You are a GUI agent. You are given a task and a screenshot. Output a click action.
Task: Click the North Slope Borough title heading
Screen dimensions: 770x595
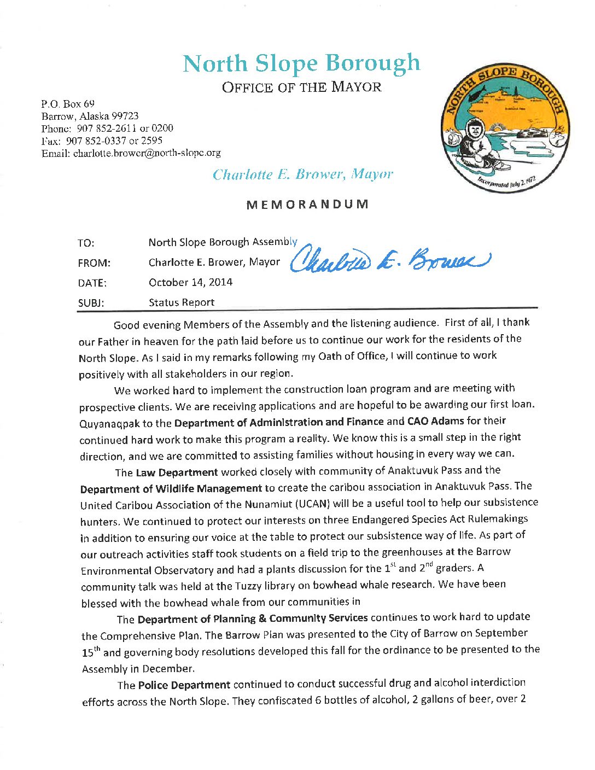point(301,64)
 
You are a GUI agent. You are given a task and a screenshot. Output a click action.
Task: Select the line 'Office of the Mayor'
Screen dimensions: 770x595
point(301,87)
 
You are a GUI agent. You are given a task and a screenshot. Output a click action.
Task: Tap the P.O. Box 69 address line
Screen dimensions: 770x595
point(68,103)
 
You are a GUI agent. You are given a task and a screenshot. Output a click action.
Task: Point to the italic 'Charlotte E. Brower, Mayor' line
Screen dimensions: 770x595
point(302,174)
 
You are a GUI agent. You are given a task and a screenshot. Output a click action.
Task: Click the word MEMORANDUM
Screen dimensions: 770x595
point(307,205)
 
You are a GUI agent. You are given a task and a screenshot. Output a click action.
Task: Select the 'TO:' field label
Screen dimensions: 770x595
point(86,243)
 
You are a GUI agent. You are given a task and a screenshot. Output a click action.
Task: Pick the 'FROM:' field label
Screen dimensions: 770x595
point(94,263)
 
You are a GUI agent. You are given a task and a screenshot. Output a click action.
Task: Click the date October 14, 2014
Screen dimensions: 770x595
point(190,282)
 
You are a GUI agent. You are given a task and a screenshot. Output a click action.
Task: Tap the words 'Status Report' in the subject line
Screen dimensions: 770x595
point(182,302)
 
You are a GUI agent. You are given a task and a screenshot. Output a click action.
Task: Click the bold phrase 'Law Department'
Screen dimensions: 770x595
point(177,472)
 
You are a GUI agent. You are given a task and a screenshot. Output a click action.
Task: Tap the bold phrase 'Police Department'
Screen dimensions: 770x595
point(184,685)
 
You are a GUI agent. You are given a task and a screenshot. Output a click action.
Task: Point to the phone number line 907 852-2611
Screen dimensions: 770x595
point(107,129)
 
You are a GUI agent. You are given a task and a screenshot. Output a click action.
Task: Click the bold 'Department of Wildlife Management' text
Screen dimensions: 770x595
point(171,489)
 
